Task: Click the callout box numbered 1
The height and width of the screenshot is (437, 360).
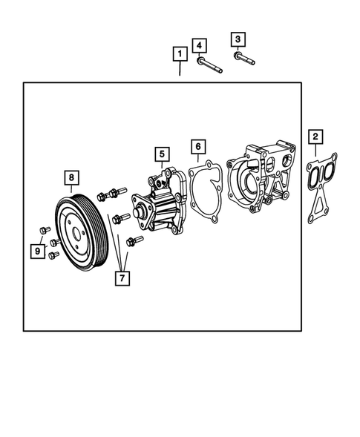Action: [x=179, y=53]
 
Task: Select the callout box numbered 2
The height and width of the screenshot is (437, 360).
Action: [x=315, y=137]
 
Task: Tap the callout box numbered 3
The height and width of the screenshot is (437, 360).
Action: [x=238, y=39]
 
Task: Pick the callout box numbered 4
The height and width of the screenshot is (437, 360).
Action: [x=200, y=46]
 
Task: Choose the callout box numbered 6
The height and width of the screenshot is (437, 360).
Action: [x=197, y=147]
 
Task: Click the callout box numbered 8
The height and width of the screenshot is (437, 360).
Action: [x=71, y=177]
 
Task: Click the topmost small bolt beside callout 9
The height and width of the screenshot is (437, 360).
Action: [x=44, y=231]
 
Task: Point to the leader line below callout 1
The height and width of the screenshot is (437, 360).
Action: [x=179, y=71]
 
